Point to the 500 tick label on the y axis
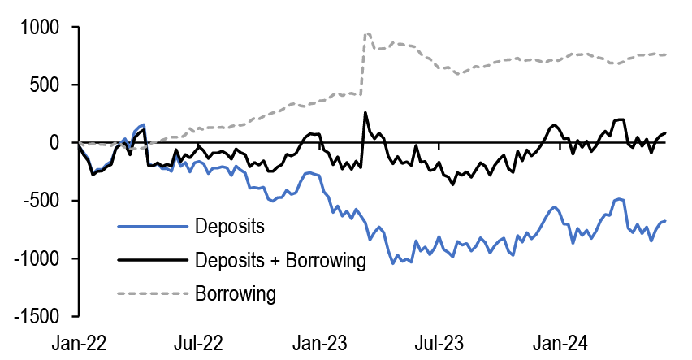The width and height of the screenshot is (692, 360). (46, 85)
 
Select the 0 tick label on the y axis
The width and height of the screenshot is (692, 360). (58, 142)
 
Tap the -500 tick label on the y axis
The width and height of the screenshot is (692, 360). (42, 201)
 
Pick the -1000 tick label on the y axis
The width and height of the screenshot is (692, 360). (37, 258)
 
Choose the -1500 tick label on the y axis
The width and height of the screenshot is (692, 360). (37, 316)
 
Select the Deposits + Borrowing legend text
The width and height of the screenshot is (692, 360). (281, 259)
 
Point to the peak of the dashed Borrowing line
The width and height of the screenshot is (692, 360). (367, 33)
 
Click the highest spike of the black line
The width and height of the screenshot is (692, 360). (365, 113)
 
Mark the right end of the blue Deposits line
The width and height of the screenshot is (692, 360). (665, 221)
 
